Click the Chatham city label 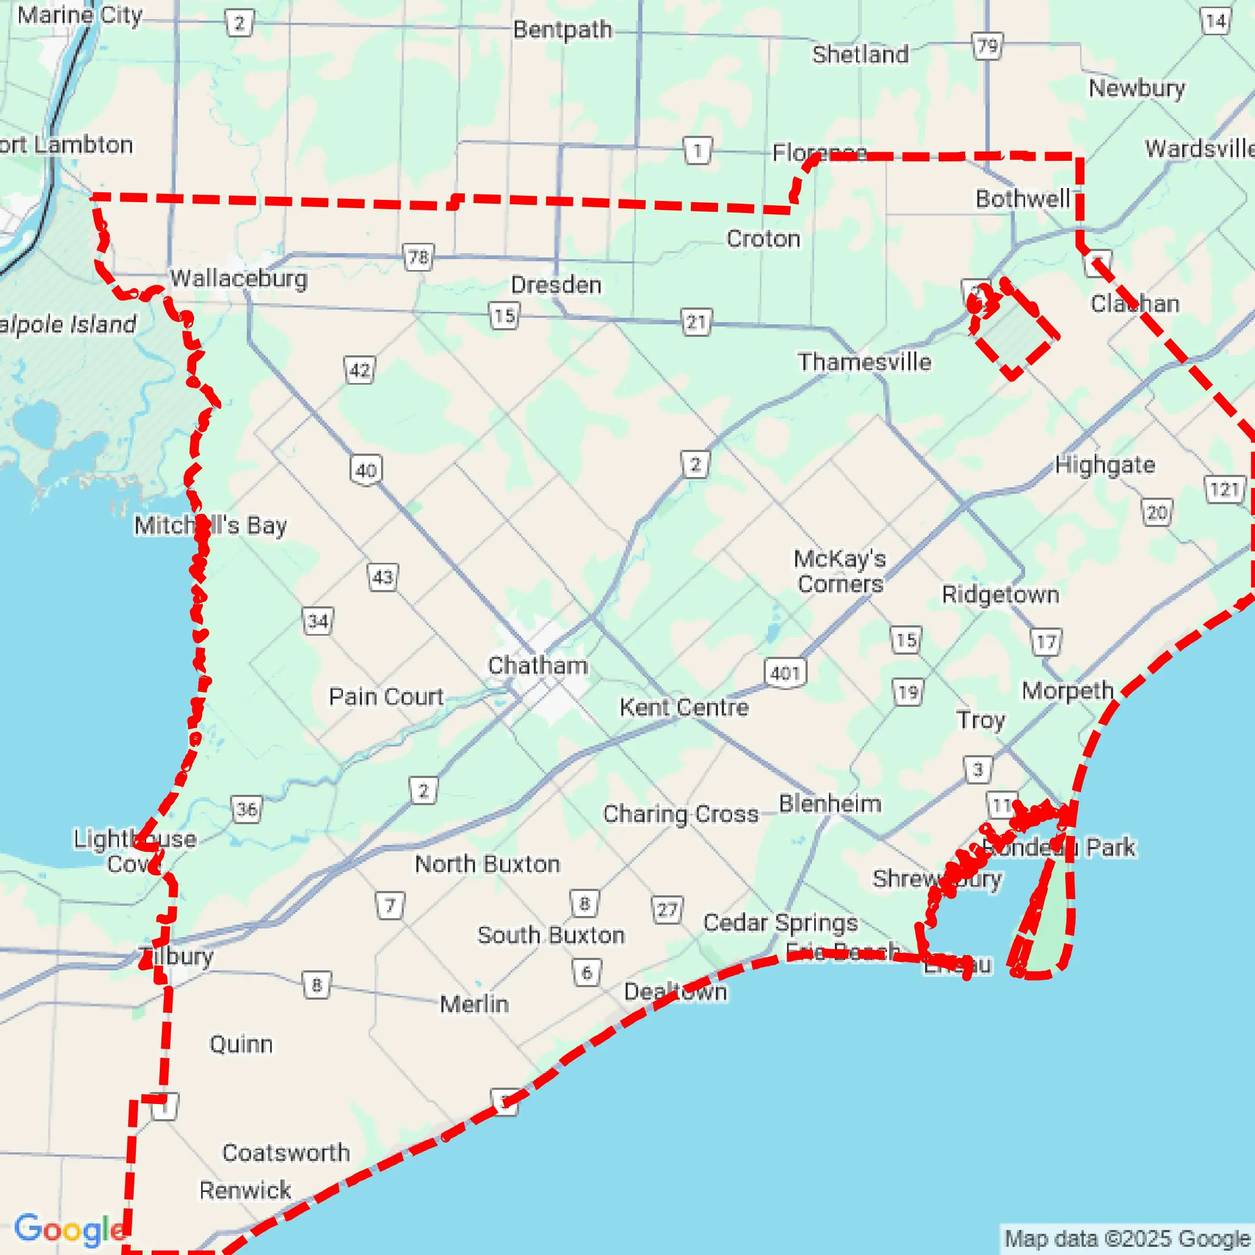point(538,665)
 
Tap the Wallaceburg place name point(239,279)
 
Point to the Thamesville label point(864,362)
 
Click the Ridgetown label point(1000,594)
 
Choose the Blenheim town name point(830,804)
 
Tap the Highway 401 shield point(785,673)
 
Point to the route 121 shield point(1225,489)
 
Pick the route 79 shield point(987,46)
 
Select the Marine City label point(79,15)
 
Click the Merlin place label point(474,1003)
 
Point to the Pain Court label point(386,696)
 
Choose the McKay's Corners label point(840,571)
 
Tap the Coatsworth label point(286,1152)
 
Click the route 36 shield point(246,810)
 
